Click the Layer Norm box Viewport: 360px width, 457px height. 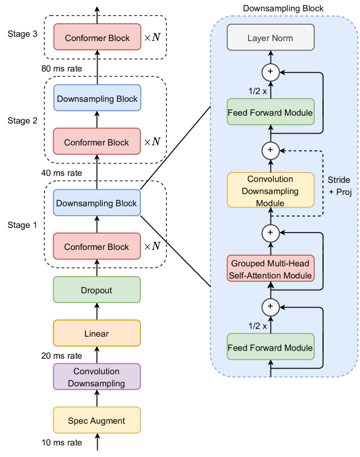[270, 38]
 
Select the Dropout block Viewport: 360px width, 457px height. [97, 290]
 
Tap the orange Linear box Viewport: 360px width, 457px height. [97, 334]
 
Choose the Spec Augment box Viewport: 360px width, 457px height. [97, 421]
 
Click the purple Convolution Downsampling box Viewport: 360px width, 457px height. [97, 377]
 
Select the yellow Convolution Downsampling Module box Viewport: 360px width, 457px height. [270, 191]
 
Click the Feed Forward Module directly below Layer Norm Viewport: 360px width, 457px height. [270, 112]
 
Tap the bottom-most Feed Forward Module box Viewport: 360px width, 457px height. [270, 348]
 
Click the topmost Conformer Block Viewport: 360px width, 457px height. [97, 38]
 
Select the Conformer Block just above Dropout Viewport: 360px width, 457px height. [97, 247]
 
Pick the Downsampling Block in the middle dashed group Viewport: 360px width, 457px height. [97, 99]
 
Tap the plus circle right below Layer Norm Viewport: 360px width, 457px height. [270, 72]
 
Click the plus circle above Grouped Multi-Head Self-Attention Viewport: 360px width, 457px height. [270, 232]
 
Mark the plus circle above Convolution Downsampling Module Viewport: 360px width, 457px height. [270, 150]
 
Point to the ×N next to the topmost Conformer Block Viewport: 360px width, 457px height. [152, 38]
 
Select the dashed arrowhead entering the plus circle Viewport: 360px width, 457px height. [282, 150]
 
